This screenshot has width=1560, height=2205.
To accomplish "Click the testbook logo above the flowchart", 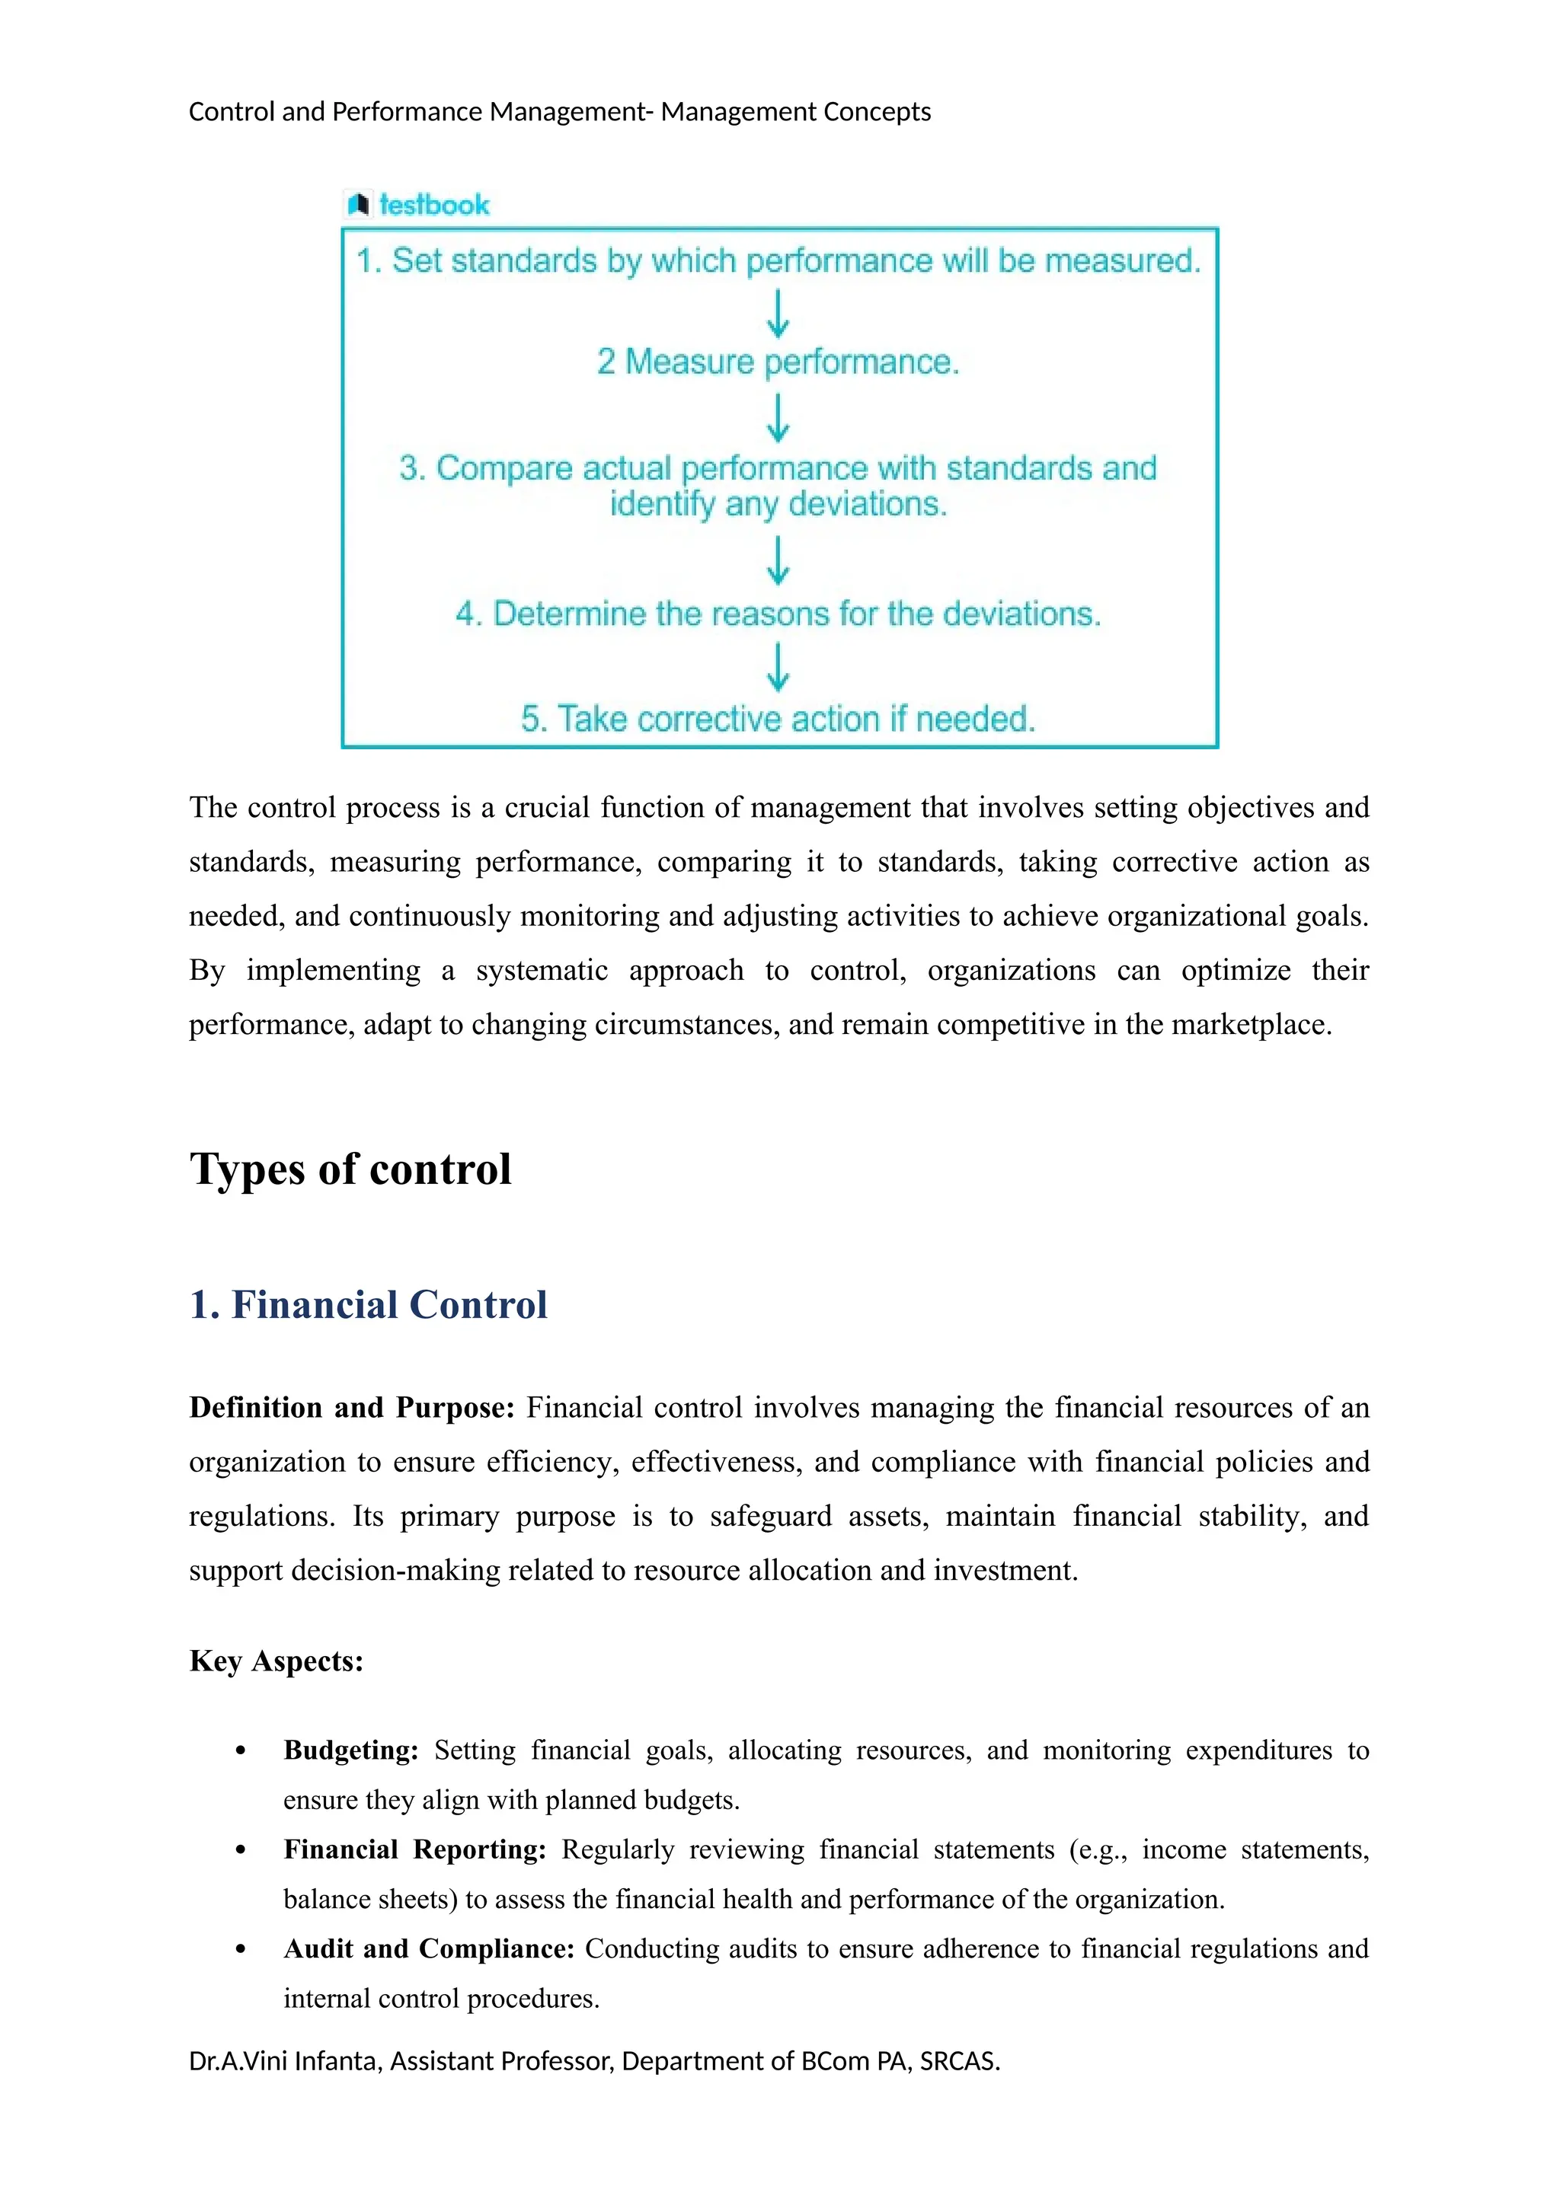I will (x=418, y=205).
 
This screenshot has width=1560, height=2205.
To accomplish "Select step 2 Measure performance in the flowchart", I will (x=778, y=362).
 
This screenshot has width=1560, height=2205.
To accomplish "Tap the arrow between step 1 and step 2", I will (x=778, y=313).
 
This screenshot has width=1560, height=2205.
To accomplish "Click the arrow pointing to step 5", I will (x=778, y=666).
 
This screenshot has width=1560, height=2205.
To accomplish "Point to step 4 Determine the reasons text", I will (x=778, y=614).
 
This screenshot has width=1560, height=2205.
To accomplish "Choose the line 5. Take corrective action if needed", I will (x=778, y=718).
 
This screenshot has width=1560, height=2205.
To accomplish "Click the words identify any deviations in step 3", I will (x=778, y=504).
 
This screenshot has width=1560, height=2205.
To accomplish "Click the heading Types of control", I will (x=350, y=1169).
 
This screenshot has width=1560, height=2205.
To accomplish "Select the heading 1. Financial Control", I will (x=368, y=1304).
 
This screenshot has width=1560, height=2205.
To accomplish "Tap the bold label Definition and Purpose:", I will (x=352, y=1408).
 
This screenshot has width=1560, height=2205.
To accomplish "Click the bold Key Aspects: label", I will (x=276, y=1661).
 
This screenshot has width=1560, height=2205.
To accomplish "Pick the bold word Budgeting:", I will (x=350, y=1750).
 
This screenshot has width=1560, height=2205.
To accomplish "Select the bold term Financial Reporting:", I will (x=414, y=1849).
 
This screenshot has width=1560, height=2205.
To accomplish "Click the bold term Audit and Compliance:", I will (x=428, y=1948).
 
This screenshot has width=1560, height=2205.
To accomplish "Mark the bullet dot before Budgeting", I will (x=240, y=1750).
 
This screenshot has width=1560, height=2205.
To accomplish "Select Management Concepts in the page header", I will (x=795, y=113).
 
